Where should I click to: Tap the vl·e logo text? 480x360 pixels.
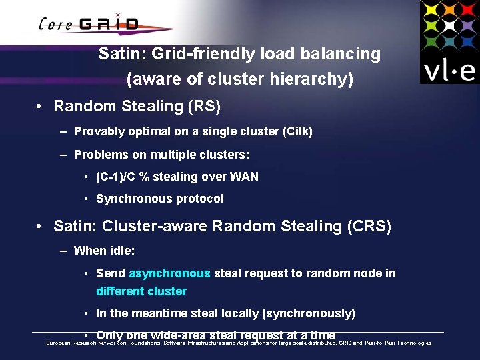[x=449, y=69]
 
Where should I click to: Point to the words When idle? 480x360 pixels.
[x=105, y=251]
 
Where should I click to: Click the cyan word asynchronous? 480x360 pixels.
[x=169, y=273]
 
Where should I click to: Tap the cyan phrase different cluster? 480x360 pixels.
[x=141, y=291]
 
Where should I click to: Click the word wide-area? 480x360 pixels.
[x=179, y=335]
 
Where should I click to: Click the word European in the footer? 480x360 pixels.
[x=59, y=343]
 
